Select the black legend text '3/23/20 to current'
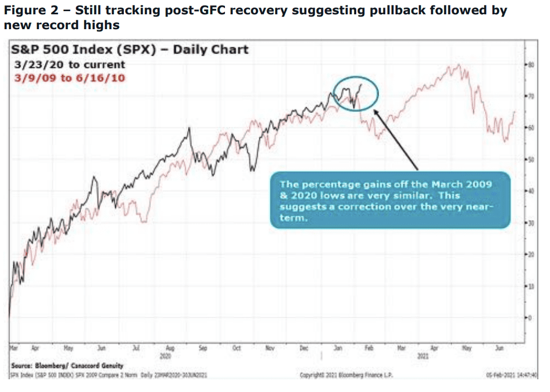(70, 65)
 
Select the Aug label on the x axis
(170, 349)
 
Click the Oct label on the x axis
(237, 349)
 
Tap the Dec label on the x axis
(304, 349)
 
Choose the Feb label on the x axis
(369, 349)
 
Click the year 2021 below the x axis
(422, 356)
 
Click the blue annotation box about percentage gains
(391, 201)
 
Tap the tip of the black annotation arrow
(374, 110)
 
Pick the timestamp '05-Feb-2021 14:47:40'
(511, 375)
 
